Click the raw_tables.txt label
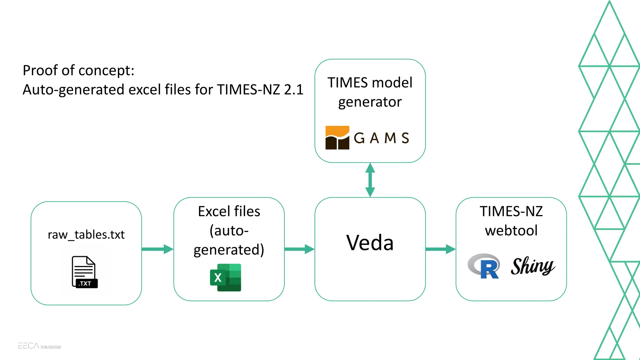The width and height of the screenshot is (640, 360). click(86, 234)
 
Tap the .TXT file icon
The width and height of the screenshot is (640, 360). click(84, 272)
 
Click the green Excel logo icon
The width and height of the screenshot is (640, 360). click(226, 277)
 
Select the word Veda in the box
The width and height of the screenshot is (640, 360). click(370, 242)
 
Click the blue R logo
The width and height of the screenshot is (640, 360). click(484, 266)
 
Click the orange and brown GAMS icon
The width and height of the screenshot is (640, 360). click(337, 138)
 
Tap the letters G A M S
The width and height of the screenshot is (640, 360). click(381, 138)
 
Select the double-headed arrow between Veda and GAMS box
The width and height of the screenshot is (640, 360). click(370, 180)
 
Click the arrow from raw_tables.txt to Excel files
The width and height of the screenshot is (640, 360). click(157, 249)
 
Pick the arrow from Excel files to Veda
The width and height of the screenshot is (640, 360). click(299, 249)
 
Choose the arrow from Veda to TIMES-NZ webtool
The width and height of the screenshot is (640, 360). click(440, 249)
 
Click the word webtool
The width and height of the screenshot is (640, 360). click(511, 231)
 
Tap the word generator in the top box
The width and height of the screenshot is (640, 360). click(370, 102)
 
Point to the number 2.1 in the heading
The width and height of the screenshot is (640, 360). click(293, 90)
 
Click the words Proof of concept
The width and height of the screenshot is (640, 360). click(78, 70)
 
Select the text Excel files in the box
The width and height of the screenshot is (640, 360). click(229, 212)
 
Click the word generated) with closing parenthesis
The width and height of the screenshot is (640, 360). click(229, 250)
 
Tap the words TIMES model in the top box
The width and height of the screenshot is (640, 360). click(370, 83)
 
